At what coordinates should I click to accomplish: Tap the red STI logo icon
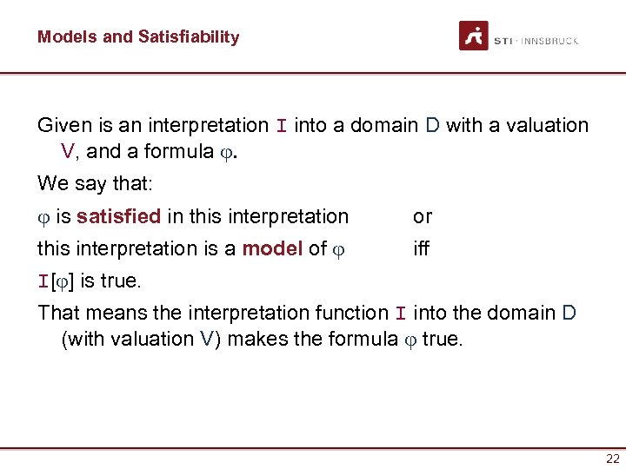[474, 36]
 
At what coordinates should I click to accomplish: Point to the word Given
[63, 126]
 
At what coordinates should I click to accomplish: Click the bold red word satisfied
[117, 216]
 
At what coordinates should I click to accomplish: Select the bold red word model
[272, 249]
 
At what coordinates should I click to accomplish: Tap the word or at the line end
[423, 216]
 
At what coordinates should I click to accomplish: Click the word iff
[422, 249]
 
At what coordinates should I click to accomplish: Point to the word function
[351, 313]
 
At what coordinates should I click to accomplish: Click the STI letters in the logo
[503, 41]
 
